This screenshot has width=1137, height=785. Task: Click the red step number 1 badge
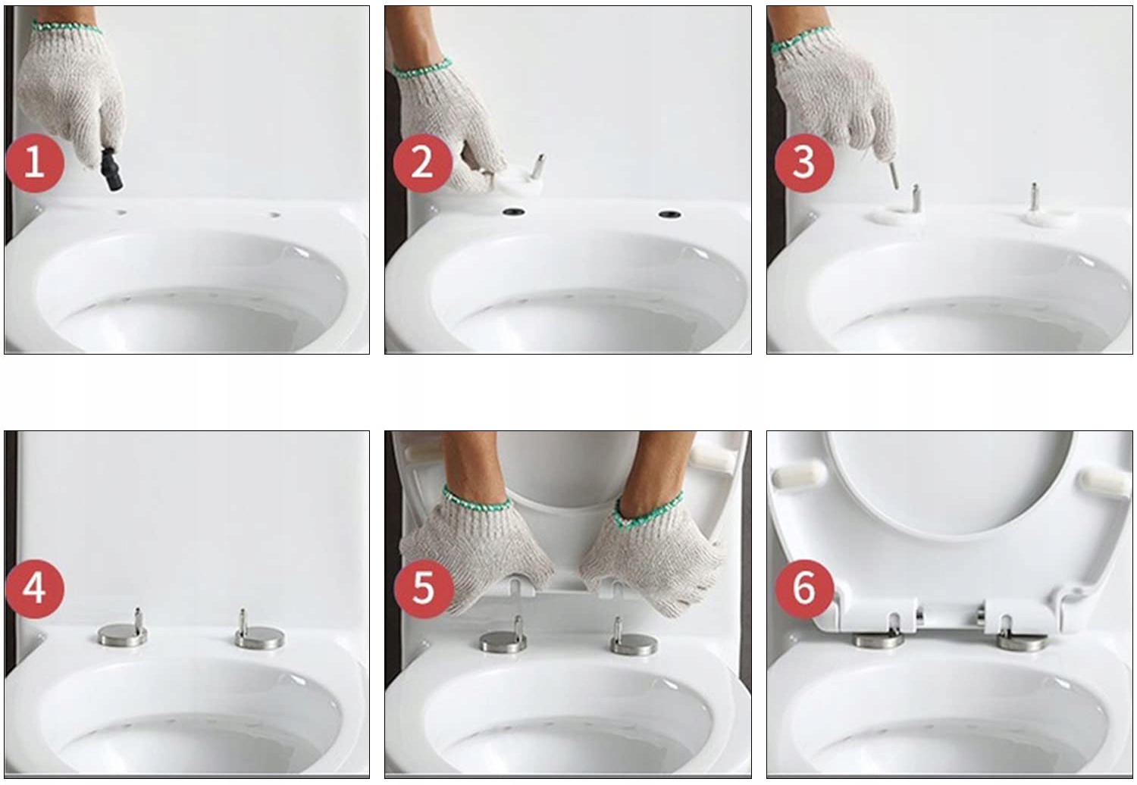35,163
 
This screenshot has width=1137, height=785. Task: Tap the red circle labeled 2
423,163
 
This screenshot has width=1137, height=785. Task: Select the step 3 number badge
804,163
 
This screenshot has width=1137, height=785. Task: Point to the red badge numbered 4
35,590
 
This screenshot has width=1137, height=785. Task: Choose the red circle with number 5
424,590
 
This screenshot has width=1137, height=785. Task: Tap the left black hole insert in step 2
514,212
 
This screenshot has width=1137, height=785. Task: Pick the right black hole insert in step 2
670,214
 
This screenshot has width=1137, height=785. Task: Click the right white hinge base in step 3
1047,216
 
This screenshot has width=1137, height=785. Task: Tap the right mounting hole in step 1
274,215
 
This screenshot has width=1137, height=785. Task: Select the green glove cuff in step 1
66,27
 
